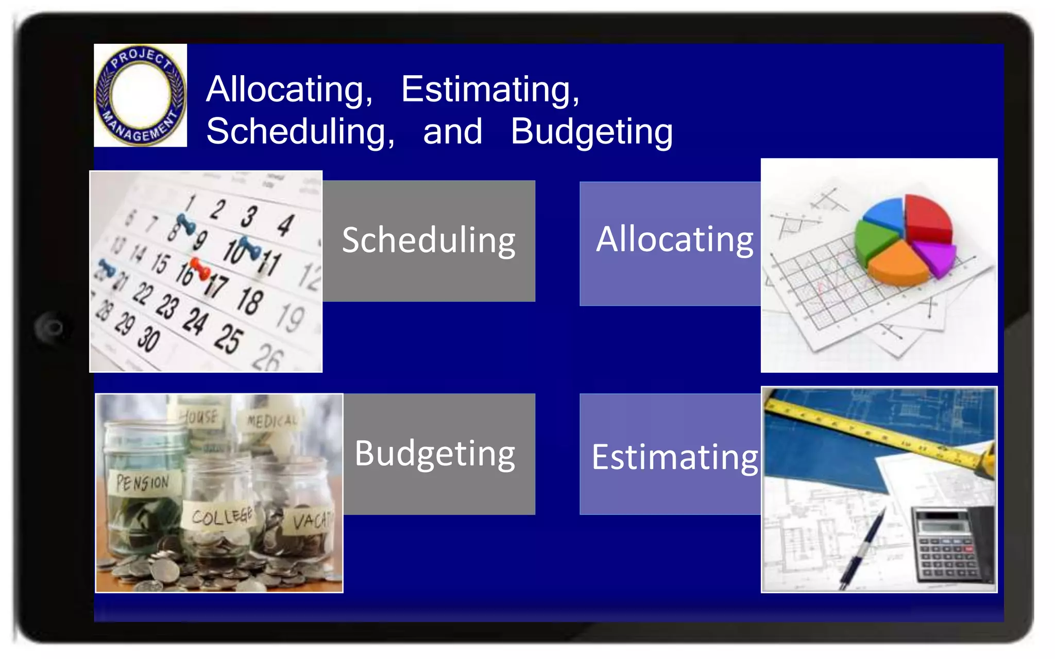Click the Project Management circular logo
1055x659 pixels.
pyautogui.click(x=140, y=95)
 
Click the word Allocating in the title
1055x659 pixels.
pyautogui.click(x=289, y=90)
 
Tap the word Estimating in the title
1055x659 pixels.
pyautogui.click(x=490, y=90)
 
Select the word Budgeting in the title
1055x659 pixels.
pyautogui.click(x=591, y=132)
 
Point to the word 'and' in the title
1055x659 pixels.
pyautogui.click(x=452, y=132)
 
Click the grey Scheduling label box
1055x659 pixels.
pyautogui.click(x=429, y=240)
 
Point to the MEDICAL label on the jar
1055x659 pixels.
pyautogui.click(x=271, y=421)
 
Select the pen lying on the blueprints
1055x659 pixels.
pyautogui.click(x=863, y=549)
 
